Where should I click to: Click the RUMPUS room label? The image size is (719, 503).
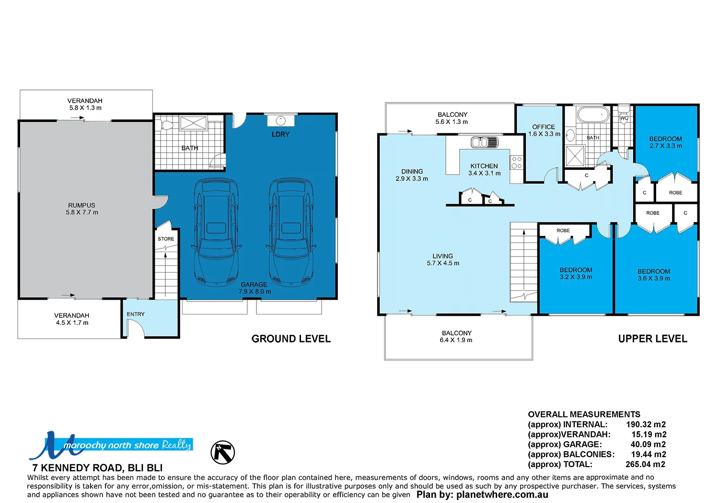coord(82,209)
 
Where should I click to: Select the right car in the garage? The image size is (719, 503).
coord(291,232)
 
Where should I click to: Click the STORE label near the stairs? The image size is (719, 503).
coord(166,239)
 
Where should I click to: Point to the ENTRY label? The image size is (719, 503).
coord(136,314)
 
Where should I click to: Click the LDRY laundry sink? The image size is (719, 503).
coord(281,120)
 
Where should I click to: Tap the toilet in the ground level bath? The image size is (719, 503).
coord(166,125)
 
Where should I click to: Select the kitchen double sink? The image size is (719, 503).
coord(484,142)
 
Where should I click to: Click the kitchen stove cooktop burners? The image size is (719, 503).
coord(516,163)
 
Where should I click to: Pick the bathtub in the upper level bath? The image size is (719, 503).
coord(593,115)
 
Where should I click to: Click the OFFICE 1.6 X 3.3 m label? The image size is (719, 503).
coord(544,130)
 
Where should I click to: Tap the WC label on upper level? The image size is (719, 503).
coord(624,118)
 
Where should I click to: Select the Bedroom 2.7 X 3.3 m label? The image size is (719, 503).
coord(665,142)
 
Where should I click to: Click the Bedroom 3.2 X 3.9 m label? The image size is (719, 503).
coord(576,273)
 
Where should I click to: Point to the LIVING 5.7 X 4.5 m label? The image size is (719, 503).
coord(443,259)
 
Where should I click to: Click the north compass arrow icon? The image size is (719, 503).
coord(223,452)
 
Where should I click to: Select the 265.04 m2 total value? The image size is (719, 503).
coord(645,464)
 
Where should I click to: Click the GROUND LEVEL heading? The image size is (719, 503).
coord(291,339)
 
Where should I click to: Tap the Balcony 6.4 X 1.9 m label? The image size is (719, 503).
coord(456,336)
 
